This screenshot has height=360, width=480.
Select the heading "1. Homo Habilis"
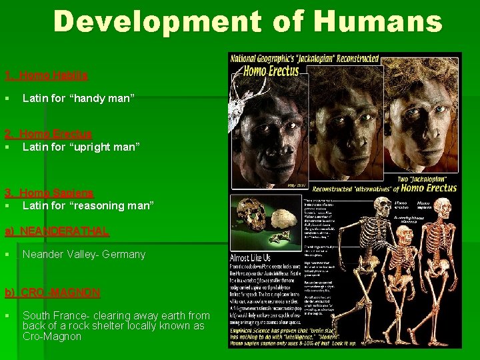46,76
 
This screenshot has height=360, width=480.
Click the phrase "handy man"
101,98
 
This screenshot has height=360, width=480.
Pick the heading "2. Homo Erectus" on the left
48,134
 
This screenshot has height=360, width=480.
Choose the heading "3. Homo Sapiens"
49,193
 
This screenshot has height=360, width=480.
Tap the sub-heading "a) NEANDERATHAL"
57,231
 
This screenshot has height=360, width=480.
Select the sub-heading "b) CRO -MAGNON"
53,293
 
